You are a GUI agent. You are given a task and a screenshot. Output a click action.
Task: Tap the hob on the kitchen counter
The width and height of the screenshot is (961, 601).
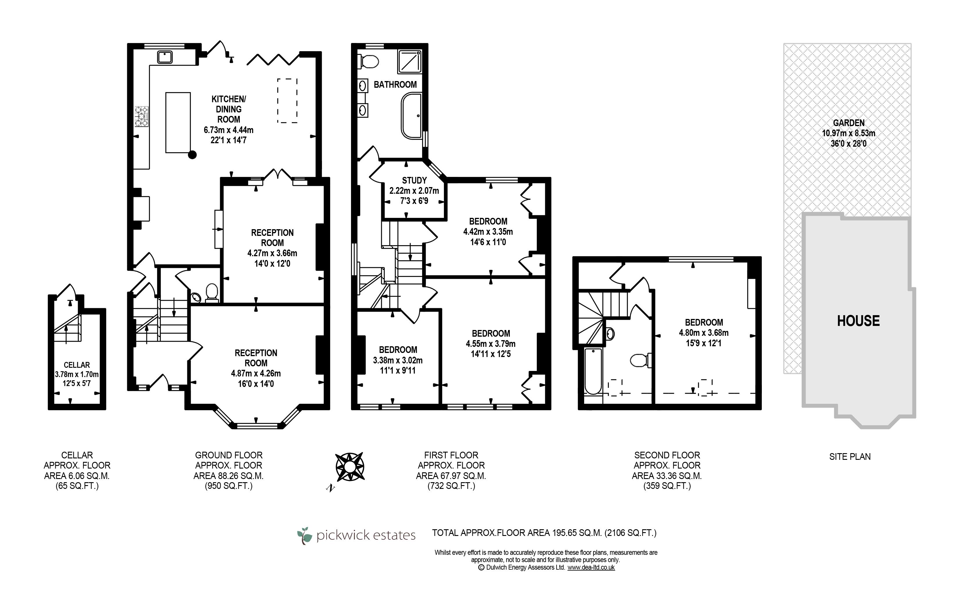click(142, 116)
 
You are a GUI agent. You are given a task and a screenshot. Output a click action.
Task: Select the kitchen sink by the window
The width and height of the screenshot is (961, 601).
click(164, 57)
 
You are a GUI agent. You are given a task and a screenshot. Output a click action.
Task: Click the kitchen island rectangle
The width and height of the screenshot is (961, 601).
click(178, 122)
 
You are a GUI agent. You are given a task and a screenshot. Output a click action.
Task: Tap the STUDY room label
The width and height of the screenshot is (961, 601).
click(414, 180)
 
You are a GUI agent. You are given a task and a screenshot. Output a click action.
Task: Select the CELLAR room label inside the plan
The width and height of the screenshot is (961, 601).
click(77, 365)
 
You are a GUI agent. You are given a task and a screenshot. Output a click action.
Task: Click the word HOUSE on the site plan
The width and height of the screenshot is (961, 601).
click(859, 321)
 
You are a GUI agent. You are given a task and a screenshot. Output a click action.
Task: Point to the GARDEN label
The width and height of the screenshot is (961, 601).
click(849, 123)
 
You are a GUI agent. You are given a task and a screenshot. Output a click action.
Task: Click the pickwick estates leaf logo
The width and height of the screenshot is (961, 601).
click(305, 535)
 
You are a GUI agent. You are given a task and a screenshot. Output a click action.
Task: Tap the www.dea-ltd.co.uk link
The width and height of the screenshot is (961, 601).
click(591, 568)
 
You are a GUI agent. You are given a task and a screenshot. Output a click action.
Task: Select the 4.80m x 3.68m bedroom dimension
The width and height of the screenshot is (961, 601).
click(703, 333)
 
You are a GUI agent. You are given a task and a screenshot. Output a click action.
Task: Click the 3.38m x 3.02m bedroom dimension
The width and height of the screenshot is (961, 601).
click(398, 360)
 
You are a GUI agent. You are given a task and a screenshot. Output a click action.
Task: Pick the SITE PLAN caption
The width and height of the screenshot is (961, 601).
click(850, 457)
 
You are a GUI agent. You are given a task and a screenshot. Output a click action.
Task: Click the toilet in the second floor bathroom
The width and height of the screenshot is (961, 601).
click(640, 360)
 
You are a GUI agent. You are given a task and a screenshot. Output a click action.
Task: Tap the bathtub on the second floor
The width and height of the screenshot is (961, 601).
click(593, 371)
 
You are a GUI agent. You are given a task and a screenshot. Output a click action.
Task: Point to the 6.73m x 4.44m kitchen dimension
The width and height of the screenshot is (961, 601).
click(228, 130)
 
